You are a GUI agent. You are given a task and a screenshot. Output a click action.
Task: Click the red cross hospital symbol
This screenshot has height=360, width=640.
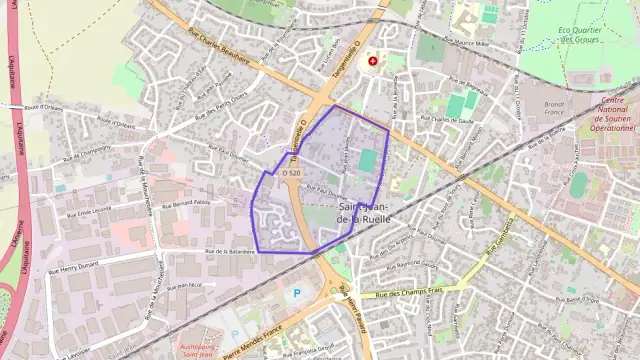374,61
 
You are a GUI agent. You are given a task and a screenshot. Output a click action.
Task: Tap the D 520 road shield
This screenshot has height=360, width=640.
291,173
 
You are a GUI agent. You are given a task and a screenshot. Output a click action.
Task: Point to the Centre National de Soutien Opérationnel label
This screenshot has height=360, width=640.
608,114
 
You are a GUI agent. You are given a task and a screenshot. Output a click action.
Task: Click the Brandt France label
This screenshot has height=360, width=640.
555,109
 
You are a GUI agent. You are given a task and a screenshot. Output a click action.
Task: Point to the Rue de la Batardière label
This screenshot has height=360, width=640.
230,251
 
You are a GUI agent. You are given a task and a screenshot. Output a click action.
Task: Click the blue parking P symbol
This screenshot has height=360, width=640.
295,294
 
